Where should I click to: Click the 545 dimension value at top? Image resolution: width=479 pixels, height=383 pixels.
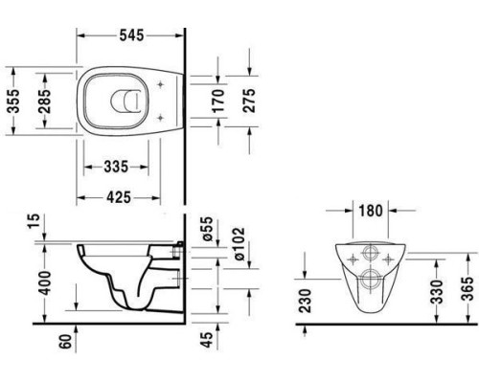tap(131, 35)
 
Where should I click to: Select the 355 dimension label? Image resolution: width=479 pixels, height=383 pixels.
tap(13, 101)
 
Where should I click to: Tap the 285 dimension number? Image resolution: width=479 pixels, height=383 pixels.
tap(44, 101)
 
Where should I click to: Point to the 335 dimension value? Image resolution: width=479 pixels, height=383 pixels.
tap(116, 167)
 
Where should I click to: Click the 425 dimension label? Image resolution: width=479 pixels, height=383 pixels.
tap(119, 197)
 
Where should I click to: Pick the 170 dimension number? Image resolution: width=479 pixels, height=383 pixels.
tap(218, 101)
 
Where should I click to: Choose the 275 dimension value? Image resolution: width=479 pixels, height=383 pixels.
tap(249, 101)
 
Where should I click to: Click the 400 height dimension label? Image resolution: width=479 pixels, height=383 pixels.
tap(44, 283)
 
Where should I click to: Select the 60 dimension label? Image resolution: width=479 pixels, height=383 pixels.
tap(66, 342)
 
